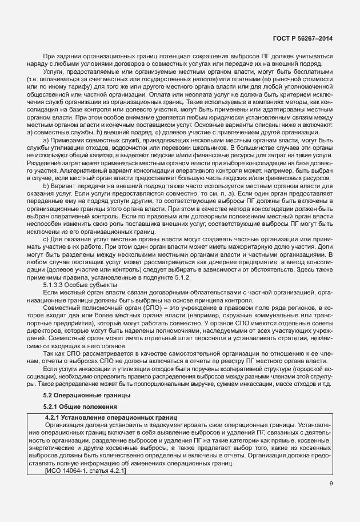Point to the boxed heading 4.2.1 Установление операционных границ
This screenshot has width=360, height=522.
pos(111,418)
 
